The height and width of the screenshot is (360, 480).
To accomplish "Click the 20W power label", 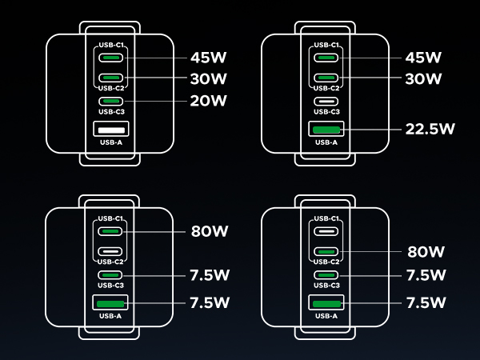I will pyautogui.click(x=209, y=101).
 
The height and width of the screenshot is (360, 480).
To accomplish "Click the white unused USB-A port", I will pyautogui.click(x=110, y=130).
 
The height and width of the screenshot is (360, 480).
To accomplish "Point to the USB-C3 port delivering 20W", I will pyautogui.click(x=110, y=101).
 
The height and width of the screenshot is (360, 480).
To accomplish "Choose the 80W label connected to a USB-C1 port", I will pyautogui.click(x=209, y=231).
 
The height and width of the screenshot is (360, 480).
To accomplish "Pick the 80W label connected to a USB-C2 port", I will pyautogui.click(x=425, y=252).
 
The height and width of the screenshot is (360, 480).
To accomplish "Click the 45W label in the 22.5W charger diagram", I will pyautogui.click(x=424, y=58).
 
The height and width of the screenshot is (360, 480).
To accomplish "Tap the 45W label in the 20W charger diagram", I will pyautogui.click(x=209, y=58).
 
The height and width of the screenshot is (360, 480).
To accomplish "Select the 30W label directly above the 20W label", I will pyautogui.click(x=209, y=78).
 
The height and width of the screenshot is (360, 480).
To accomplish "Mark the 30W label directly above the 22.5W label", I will pyautogui.click(x=424, y=78).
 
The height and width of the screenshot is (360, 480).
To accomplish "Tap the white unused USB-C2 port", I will pyautogui.click(x=110, y=252).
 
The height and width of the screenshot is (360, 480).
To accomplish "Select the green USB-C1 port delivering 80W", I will pyautogui.click(x=110, y=231).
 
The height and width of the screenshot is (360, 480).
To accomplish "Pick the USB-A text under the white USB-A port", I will pyautogui.click(x=110, y=142).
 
